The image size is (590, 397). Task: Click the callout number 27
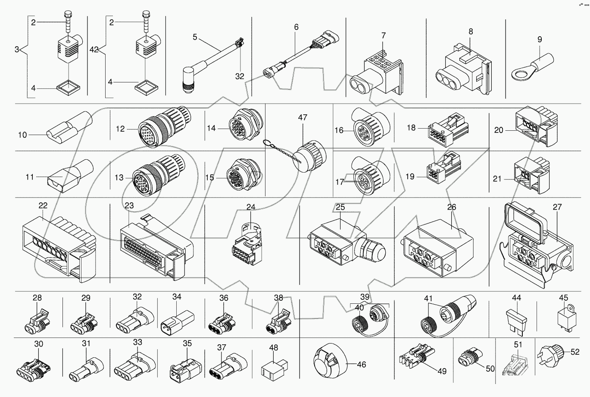click(x=557, y=207)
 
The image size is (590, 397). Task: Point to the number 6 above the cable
click(x=296, y=27)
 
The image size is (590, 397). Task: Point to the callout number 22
click(x=43, y=206)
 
